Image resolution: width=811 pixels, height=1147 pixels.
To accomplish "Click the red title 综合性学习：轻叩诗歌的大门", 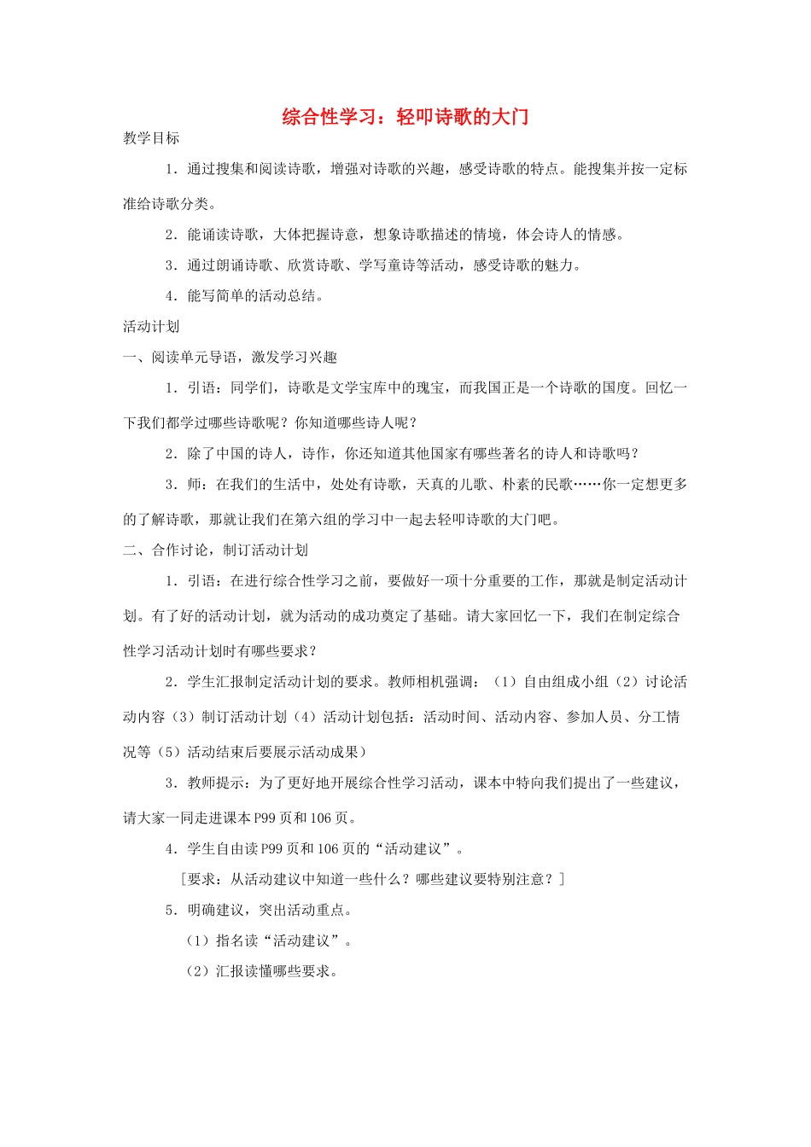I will [405, 117].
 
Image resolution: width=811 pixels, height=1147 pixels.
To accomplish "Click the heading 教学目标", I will [151, 138].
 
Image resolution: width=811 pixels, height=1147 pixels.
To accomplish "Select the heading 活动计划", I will [151, 326].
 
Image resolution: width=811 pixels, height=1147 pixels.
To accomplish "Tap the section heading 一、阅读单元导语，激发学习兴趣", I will [230, 357].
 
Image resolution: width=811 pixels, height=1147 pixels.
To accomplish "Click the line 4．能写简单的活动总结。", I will [245, 295].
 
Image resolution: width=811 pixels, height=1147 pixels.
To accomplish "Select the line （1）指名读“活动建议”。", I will [269, 940].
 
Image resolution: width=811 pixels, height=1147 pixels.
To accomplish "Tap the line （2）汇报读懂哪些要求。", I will [261, 971].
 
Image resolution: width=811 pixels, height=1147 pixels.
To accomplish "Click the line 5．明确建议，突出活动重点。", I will [259, 910].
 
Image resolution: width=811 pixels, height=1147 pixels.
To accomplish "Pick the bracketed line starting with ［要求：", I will [372, 879].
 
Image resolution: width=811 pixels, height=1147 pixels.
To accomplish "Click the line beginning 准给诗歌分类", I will [170, 204].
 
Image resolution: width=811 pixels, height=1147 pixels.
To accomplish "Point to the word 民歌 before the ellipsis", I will [559, 484].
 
